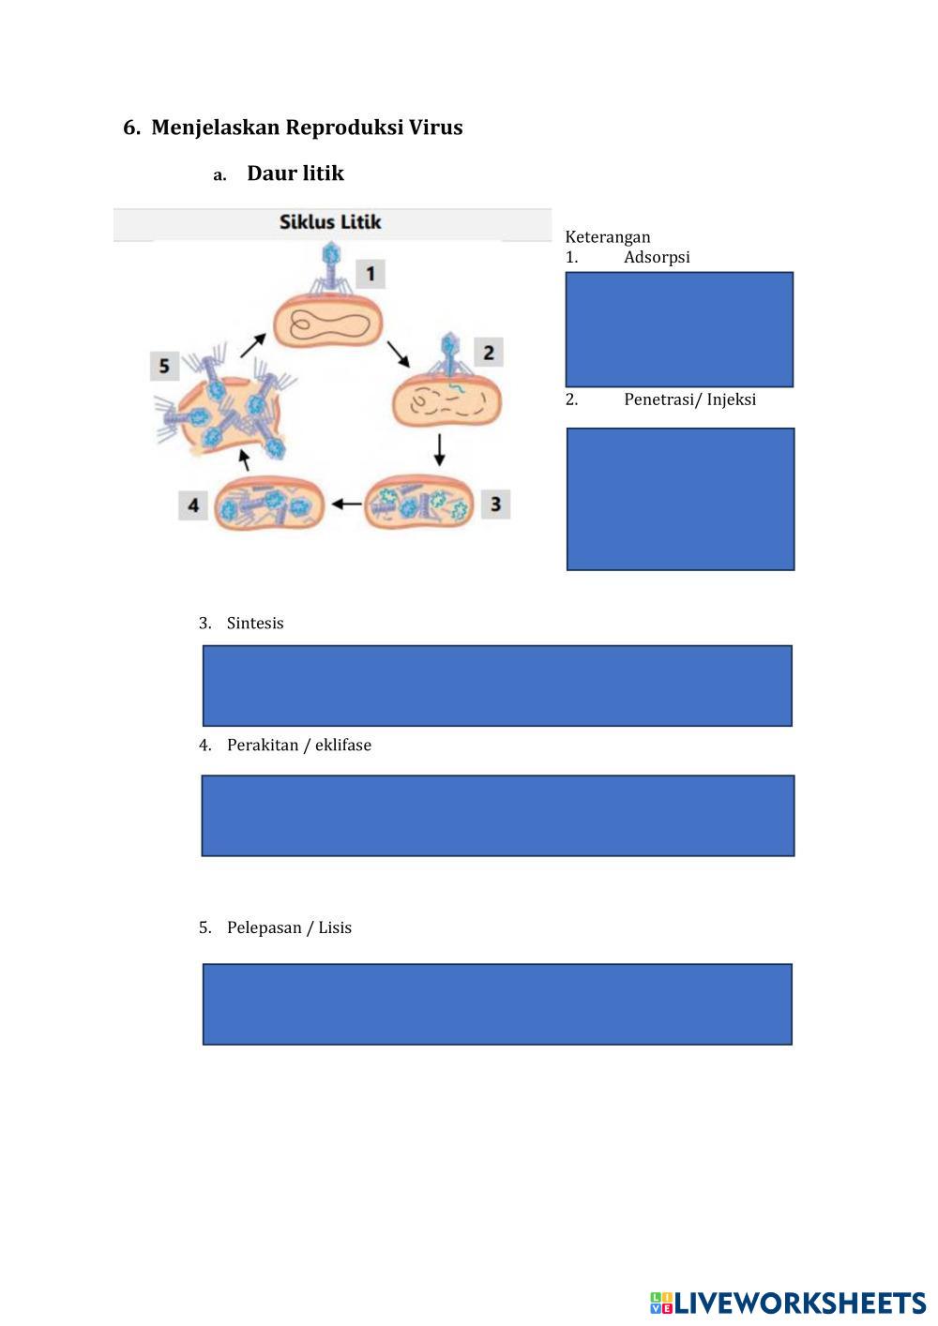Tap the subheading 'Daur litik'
coord(295,173)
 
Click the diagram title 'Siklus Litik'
coord(330,222)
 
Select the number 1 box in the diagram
coord(371,274)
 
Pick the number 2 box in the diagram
coord(489,353)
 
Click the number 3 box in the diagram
coord(495,504)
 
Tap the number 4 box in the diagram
coord(193,505)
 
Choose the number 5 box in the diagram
coord(164,365)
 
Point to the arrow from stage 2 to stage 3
coord(439,450)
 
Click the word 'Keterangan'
coord(607,237)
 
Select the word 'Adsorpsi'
coord(657,257)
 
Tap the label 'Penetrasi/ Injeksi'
coord(689,399)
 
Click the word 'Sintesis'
coord(255,624)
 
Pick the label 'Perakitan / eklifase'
coord(299,746)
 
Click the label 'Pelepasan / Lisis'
coord(289,928)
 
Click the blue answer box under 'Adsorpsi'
coord(679,329)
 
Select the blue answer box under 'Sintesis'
coord(497,686)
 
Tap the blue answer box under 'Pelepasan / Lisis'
coord(497,1004)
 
